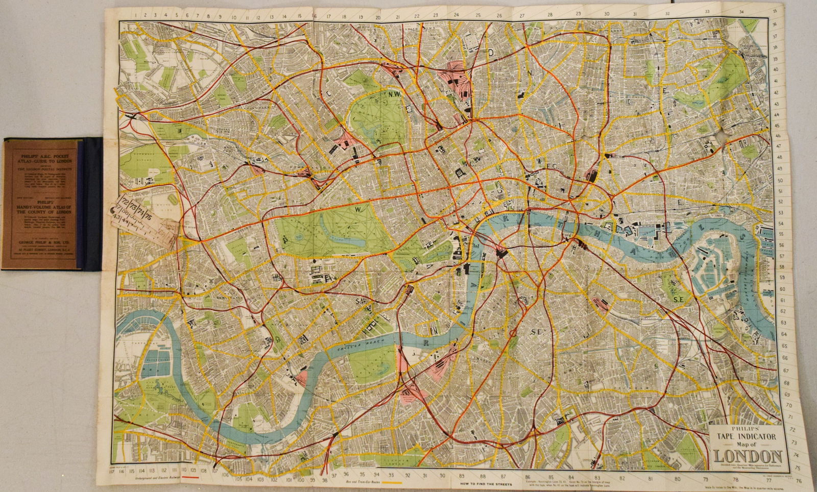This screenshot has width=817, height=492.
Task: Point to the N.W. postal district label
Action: coord(396,94)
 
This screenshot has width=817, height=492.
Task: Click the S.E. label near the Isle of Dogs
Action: coord(679,300)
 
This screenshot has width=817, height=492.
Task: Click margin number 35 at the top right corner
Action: coord(774,11)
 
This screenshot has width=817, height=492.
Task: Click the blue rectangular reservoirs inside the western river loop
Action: coord(152,362)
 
